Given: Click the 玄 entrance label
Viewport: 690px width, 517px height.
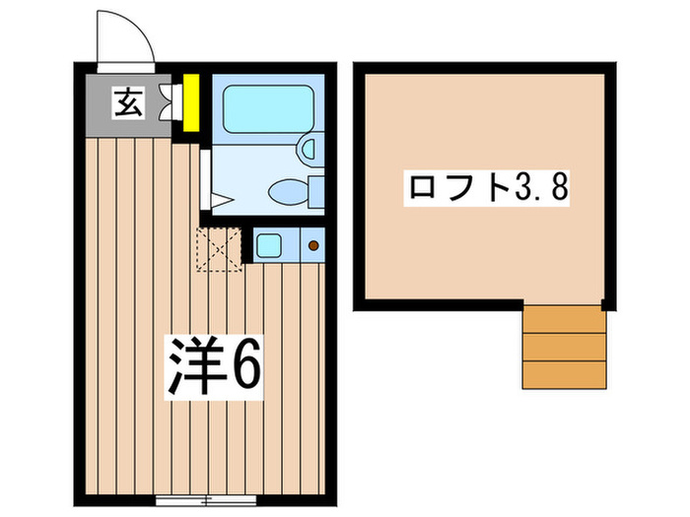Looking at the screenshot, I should [130, 100].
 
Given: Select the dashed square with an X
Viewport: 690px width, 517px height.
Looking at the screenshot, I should [218, 248].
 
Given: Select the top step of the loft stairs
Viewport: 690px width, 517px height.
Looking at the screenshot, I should [563, 320].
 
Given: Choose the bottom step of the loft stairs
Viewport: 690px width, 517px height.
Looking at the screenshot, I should [563, 374].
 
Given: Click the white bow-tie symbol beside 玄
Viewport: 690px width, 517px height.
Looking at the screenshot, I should [176, 100].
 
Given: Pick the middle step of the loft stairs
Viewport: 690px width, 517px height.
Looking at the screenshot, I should [563, 347].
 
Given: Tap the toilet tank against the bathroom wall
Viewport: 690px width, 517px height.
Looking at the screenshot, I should [316, 189].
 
